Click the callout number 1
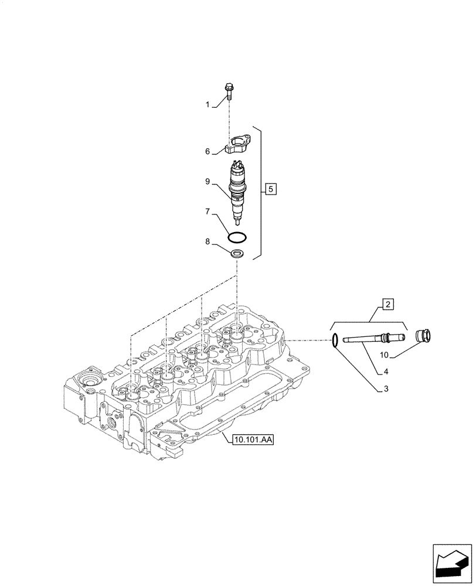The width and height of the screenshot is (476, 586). point(208,104)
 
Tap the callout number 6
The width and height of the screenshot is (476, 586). point(208,152)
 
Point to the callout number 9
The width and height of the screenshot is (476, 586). point(208,182)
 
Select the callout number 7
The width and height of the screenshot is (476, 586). point(208,210)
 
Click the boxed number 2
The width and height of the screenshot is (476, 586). point(388,304)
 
